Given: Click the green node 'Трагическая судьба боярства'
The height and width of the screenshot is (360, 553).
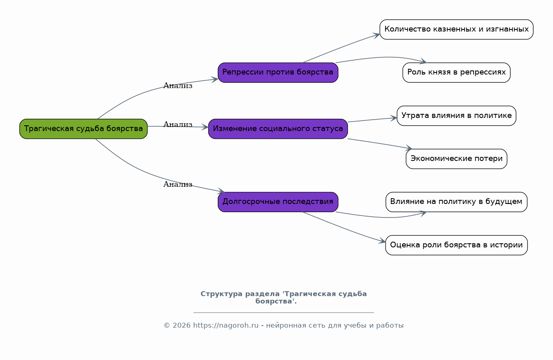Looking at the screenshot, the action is point(84,129).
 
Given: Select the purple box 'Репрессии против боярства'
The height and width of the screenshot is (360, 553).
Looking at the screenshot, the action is point(278,72).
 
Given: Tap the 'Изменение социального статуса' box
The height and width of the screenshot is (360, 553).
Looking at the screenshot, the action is point(278,129).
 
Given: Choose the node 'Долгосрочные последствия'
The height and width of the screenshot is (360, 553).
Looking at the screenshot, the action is point(278,202).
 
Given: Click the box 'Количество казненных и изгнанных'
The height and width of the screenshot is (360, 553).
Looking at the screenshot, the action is point(456,29).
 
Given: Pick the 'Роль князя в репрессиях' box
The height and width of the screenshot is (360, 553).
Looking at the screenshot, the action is point(456,72).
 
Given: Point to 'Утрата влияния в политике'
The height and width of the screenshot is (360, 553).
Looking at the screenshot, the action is point(456,115).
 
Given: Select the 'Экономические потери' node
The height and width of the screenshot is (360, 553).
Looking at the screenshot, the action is point(456,158).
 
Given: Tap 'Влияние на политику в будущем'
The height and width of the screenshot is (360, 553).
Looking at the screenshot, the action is point(456,202).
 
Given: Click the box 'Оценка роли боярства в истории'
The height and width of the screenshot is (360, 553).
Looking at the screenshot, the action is point(456,245).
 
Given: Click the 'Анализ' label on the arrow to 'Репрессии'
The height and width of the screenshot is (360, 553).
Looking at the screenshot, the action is point(178,86).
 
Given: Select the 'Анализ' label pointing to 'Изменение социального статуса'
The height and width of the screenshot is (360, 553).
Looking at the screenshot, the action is point(178,124).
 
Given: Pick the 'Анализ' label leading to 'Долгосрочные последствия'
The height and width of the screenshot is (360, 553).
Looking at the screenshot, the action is point(178,184).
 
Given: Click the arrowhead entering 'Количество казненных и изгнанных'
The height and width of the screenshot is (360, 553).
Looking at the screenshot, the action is point(377,36).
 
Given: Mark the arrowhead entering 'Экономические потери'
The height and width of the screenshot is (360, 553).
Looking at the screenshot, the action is point(409,148).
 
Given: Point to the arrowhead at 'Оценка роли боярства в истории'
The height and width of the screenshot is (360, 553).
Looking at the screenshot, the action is point(382,241).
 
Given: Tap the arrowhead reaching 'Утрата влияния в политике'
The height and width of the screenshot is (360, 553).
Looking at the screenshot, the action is point(393,118).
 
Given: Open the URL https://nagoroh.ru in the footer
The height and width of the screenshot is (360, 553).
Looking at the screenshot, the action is point(226,326).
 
